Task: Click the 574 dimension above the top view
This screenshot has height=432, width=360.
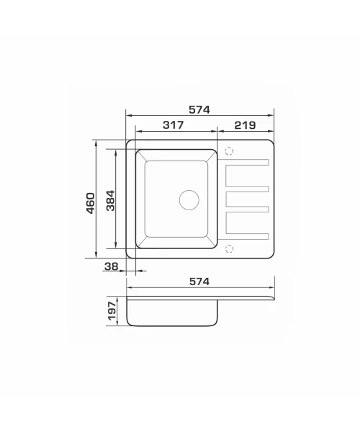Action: click(x=199, y=109)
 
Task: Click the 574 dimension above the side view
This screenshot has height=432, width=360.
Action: click(x=199, y=282)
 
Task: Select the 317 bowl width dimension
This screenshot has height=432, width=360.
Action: click(x=173, y=125)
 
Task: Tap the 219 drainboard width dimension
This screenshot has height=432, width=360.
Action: click(x=245, y=125)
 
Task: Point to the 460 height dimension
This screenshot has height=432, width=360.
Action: click(x=90, y=203)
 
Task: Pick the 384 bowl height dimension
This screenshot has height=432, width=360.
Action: click(x=110, y=200)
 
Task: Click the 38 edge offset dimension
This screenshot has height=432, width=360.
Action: click(x=112, y=266)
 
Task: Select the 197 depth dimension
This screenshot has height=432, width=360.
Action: click(x=112, y=311)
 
